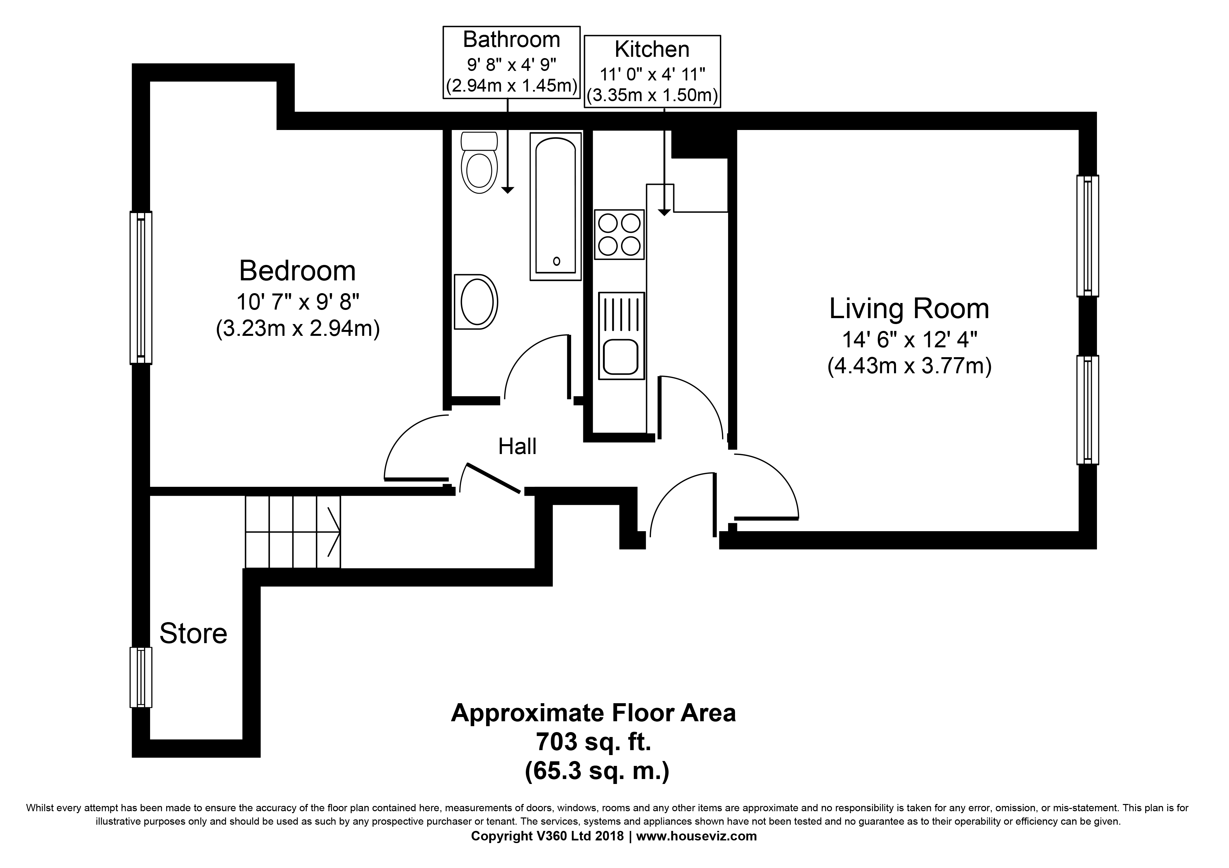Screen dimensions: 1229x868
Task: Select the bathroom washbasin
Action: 476,302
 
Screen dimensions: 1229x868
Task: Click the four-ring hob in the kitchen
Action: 619,234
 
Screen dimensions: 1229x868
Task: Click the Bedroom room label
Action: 297,271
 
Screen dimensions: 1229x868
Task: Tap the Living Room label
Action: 909,309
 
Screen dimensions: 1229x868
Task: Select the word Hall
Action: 517,446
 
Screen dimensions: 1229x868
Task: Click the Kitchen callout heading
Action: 652,49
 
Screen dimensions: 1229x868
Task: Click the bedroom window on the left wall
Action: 141,288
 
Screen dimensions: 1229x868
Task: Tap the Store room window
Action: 141,678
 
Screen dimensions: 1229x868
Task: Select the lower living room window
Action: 1087,409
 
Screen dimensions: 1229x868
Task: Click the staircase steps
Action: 293,532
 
